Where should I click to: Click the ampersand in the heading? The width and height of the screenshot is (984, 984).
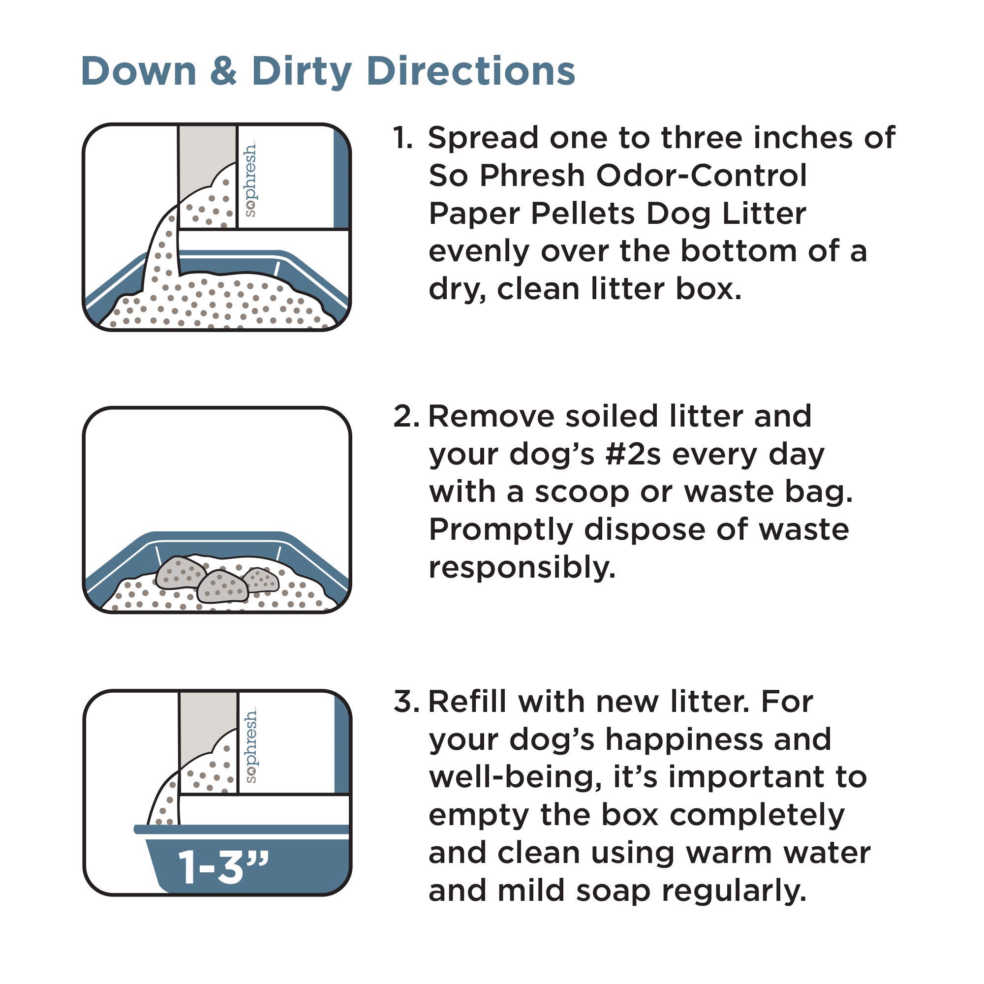coord(223,71)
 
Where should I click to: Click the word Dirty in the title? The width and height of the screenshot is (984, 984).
coord(302,72)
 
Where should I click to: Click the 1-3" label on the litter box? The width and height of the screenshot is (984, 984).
coord(223,867)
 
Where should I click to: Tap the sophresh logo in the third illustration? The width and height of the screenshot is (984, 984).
coord(250,747)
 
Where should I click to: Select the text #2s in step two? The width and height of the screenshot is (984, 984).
coord(633,455)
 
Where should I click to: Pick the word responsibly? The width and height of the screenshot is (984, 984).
coord(522,568)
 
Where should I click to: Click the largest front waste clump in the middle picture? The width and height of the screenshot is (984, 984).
coord(222,587)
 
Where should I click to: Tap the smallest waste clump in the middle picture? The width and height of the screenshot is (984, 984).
coord(261,580)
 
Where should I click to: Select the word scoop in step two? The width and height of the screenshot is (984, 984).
coord(582,493)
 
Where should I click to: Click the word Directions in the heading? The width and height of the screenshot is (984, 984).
coord(471,71)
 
